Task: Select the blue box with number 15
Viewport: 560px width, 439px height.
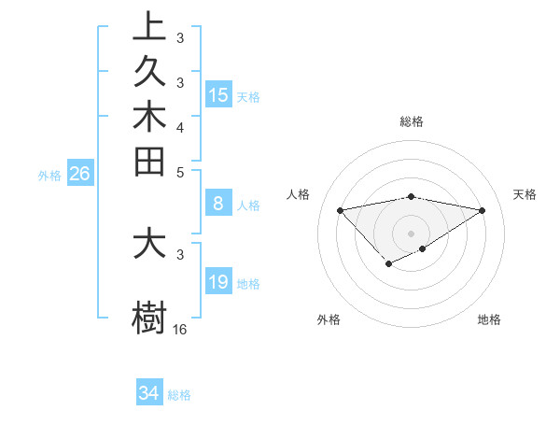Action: [218, 94]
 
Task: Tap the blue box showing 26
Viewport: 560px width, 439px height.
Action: [80, 173]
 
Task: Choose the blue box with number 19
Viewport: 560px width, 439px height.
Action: [218, 282]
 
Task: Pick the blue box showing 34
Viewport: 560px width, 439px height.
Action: [149, 393]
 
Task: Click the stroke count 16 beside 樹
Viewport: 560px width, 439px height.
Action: [180, 329]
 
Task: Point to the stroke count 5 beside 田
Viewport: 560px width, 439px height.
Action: [180, 172]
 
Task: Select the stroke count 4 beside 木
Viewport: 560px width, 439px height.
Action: [180, 126]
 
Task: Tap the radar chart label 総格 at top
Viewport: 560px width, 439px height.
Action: [411, 121]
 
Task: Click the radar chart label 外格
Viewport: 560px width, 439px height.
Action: [329, 319]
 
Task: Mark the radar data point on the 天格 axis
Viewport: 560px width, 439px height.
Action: [483, 210]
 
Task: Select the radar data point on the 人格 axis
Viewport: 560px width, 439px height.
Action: [340, 209]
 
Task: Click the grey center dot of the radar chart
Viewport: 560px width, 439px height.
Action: [411, 233]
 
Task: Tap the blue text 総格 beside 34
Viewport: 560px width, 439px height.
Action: [179, 394]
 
